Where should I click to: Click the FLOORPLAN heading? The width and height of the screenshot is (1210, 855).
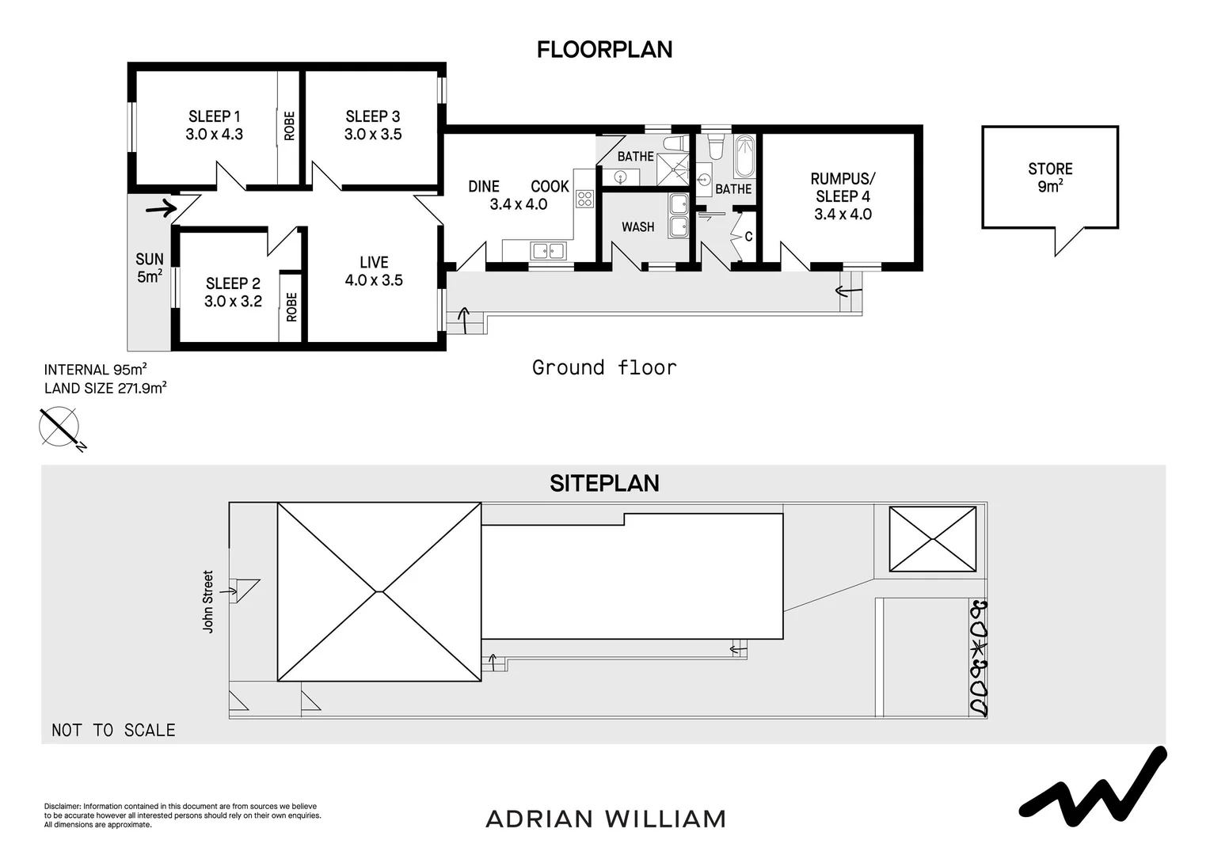(x=604, y=49)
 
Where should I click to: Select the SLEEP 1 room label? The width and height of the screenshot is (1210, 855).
(x=214, y=116)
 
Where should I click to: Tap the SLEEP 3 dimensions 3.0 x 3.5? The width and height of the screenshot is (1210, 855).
(x=373, y=135)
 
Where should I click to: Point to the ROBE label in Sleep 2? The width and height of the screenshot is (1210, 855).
(x=291, y=306)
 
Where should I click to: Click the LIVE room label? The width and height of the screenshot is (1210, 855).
(x=374, y=262)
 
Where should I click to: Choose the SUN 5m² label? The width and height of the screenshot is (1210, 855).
(x=150, y=268)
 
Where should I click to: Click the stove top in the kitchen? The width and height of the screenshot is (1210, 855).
(x=584, y=199)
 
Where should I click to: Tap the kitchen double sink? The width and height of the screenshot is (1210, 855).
(x=548, y=251)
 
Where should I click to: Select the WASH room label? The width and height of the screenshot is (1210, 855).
(x=637, y=227)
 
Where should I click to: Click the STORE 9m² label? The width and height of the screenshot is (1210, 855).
(x=1050, y=177)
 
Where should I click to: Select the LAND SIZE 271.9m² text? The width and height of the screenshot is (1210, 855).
(x=105, y=388)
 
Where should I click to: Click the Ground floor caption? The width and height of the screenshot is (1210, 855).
(x=604, y=367)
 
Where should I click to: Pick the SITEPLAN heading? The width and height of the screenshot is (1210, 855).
(x=604, y=483)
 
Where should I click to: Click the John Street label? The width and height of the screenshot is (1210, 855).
(x=208, y=602)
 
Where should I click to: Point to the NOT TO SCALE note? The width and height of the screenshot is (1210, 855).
(x=113, y=730)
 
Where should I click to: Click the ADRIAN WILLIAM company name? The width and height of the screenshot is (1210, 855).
(x=605, y=819)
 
